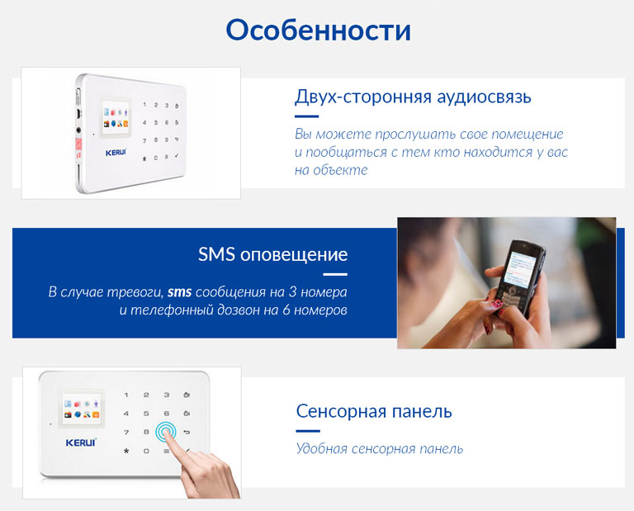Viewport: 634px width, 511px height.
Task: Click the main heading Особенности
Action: pyautogui.click(x=318, y=30)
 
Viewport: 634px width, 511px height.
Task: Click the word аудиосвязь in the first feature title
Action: pyautogui.click(x=485, y=97)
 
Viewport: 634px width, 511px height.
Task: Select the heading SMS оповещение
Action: pyautogui.click(x=272, y=254)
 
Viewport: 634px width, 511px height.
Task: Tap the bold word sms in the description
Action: pyautogui.click(x=179, y=292)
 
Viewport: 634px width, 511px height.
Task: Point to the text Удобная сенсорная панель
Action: pyautogui.click(x=379, y=449)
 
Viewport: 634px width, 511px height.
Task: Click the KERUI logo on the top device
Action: pyautogui.click(x=116, y=153)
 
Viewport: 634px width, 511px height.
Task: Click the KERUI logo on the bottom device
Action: pyautogui.click(x=81, y=442)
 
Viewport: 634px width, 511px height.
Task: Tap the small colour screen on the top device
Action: pyautogui.click(x=116, y=117)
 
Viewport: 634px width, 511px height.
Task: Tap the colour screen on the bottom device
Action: pyautogui.click(x=81, y=409)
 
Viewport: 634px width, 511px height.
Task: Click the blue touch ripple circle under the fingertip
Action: pyautogui.click(x=166, y=433)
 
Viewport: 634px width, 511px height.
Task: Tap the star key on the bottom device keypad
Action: pyautogui.click(x=126, y=451)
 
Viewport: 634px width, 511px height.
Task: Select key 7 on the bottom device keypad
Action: pyautogui.click(x=126, y=433)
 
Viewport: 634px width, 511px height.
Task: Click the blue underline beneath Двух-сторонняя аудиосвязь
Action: pyautogui.click(x=306, y=116)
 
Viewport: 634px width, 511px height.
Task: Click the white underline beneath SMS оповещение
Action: pyautogui.click(x=335, y=274)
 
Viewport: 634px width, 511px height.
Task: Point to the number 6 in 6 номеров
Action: pyautogui.click(x=286, y=310)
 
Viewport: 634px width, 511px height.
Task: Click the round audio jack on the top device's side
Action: pyautogui.click(x=78, y=130)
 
